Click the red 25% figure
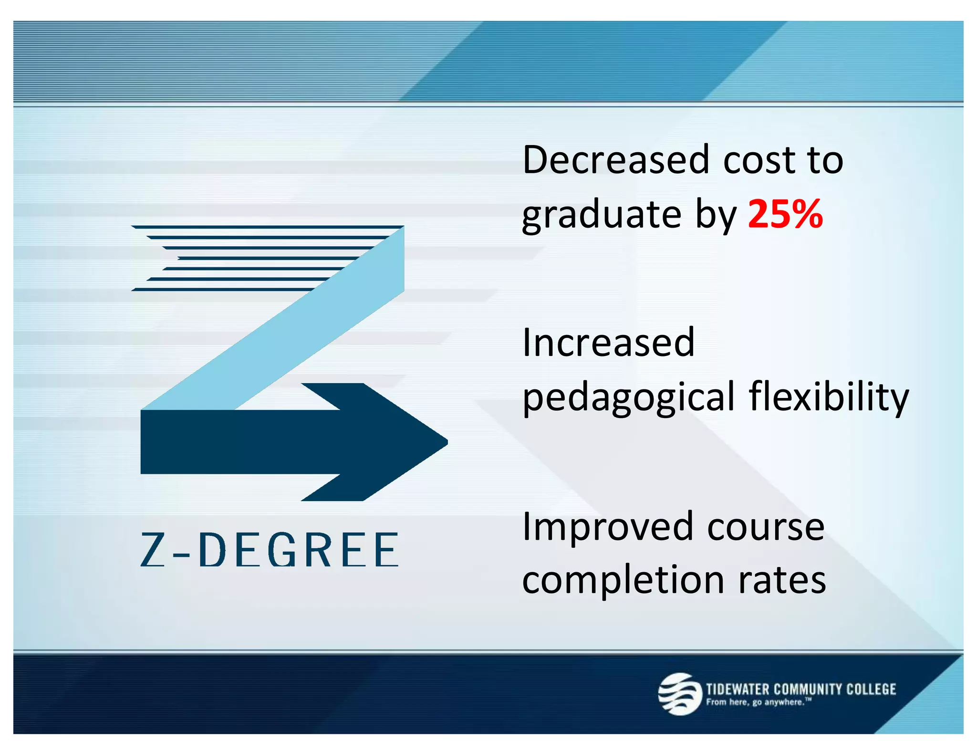pos(785,214)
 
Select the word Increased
pos(609,342)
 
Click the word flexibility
pos(829,397)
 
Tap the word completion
pos(623,580)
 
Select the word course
pos(766,527)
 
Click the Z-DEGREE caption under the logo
pos(270,550)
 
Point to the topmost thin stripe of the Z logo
pos(267,227)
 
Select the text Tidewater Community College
pos(801,689)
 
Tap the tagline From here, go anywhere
pos(758,702)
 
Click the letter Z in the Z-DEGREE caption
pos(153,550)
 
